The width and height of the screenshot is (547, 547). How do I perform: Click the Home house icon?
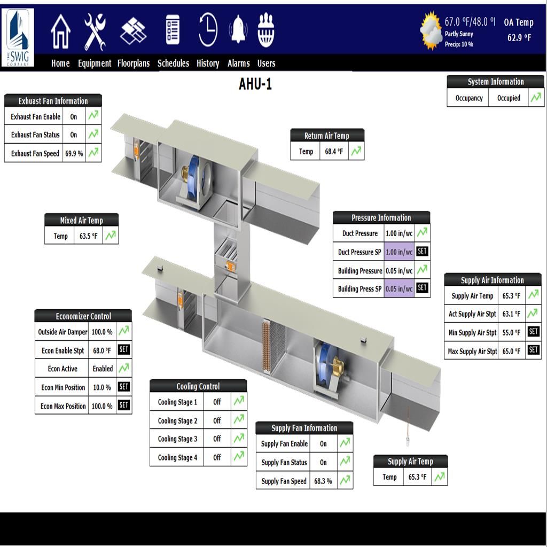pyautogui.click(x=61, y=32)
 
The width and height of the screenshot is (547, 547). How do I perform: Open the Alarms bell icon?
pyautogui.click(x=238, y=29)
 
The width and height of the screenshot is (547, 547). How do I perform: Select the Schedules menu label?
pyautogui.click(x=174, y=63)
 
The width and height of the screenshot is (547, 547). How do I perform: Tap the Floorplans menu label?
pyautogui.click(x=134, y=63)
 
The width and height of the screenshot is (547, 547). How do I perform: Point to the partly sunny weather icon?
pyautogui.click(x=431, y=30)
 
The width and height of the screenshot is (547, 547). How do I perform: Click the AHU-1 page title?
pyautogui.click(x=255, y=84)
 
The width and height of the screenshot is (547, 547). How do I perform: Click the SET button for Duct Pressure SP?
pyautogui.click(x=422, y=251)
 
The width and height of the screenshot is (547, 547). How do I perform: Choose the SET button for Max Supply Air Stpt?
pyautogui.click(x=534, y=349)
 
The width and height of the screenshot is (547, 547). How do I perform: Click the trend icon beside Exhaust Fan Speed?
pyautogui.click(x=93, y=153)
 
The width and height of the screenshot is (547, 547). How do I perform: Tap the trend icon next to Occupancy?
pyautogui.click(x=536, y=97)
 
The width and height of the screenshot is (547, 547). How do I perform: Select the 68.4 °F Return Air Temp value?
pyautogui.click(x=334, y=151)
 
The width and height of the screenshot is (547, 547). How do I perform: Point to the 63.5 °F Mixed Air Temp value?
pyautogui.click(x=88, y=236)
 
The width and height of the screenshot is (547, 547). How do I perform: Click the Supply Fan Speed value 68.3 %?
pyautogui.click(x=323, y=481)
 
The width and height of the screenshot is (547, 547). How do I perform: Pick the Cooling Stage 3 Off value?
pyautogui.click(x=217, y=439)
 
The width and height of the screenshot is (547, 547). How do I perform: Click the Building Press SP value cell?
pyautogui.click(x=399, y=288)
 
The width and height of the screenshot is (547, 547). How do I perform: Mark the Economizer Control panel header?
pyautogui.click(x=83, y=316)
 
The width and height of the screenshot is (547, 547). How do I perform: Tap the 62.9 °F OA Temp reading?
pyautogui.click(x=519, y=38)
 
